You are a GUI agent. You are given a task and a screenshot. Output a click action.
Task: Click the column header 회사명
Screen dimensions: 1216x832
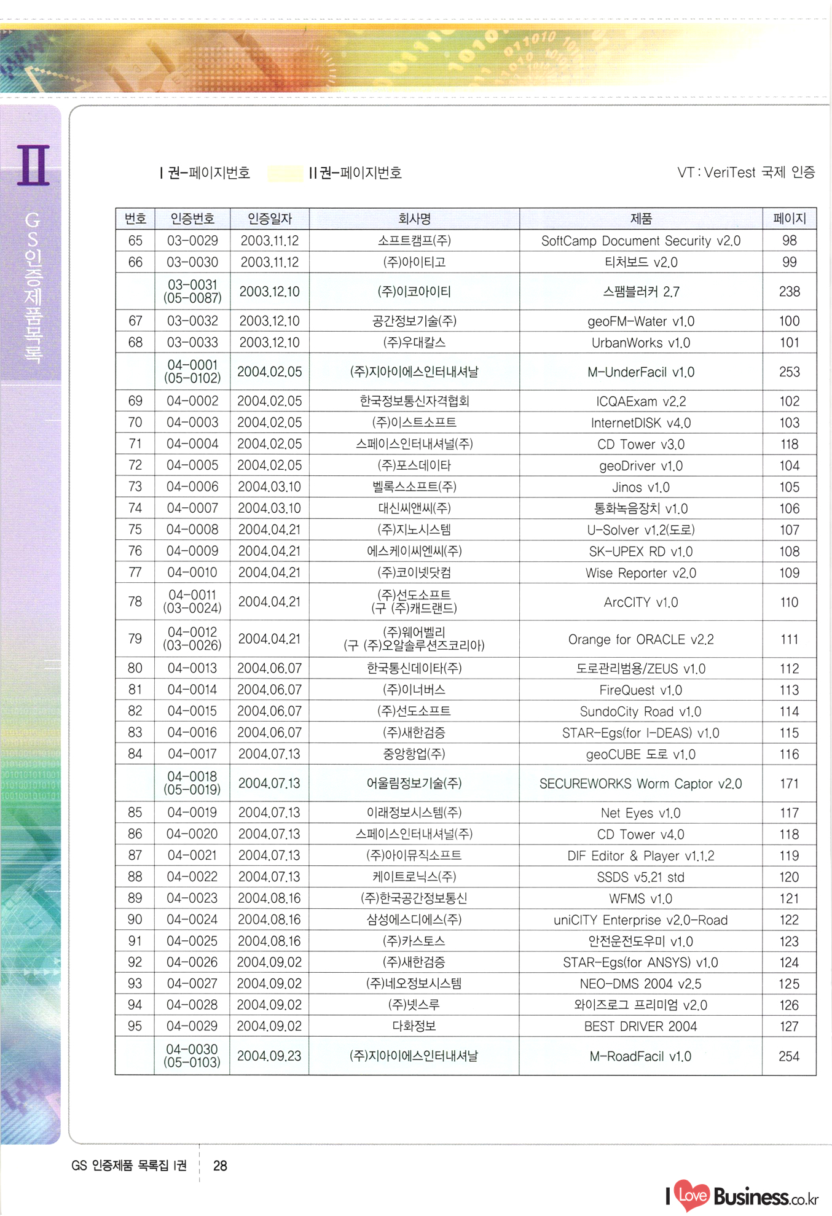pos(414,219)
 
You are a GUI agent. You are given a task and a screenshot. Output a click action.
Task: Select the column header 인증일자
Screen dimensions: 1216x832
pos(269,219)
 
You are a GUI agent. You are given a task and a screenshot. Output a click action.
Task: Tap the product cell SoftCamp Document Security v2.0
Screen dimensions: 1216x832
pos(640,241)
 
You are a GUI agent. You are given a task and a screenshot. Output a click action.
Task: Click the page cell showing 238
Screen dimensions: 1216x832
pos(789,292)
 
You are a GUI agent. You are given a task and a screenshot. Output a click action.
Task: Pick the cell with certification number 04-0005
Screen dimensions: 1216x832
pos(192,466)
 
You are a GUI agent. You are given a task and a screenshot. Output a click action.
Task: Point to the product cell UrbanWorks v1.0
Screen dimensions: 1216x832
pos(640,343)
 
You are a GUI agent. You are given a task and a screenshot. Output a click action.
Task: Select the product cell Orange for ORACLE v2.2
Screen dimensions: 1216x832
pos(640,639)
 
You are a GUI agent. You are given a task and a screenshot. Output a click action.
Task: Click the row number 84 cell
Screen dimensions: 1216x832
pos(135,754)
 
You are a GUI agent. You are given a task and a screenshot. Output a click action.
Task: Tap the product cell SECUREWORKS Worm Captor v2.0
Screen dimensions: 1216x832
pos(640,784)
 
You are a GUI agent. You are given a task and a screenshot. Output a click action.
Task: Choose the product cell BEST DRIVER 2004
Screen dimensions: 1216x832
pos(640,1026)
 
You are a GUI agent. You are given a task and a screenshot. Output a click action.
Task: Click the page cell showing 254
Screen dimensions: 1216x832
pos(789,1056)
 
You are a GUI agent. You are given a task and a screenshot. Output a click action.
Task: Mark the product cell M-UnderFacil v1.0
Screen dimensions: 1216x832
pos(640,372)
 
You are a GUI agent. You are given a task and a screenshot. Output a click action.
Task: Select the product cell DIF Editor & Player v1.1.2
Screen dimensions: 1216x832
pos(640,855)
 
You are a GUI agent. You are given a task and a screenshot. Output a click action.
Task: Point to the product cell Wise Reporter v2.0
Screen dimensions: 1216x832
pos(640,573)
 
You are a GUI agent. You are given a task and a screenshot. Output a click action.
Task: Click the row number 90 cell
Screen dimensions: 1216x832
pos(135,919)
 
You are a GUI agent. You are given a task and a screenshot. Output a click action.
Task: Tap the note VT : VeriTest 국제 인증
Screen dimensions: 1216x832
pos(746,173)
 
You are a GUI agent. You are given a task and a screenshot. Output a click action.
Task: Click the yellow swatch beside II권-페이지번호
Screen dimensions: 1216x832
pos(285,173)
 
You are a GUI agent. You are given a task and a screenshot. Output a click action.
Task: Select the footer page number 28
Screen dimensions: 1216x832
pos(220,1166)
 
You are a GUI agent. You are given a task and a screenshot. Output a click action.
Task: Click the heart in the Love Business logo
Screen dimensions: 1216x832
pos(692,1195)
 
